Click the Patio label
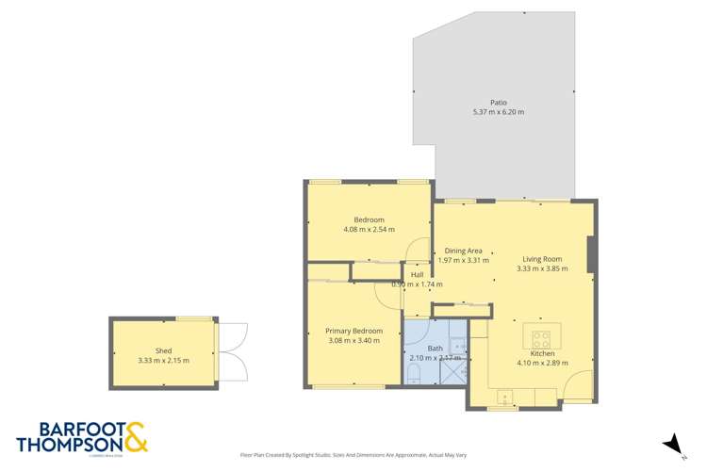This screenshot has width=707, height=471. (498, 102)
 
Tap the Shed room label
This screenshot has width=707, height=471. (163, 350)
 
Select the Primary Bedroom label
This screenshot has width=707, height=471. (353, 331)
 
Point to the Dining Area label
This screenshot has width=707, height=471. (463, 251)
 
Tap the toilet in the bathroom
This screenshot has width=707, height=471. (414, 374)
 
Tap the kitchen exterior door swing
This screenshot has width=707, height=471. (578, 386)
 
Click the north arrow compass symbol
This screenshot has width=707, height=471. (671, 443)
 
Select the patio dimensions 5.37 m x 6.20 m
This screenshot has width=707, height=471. (498, 112)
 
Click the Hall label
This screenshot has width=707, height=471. (417, 274)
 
